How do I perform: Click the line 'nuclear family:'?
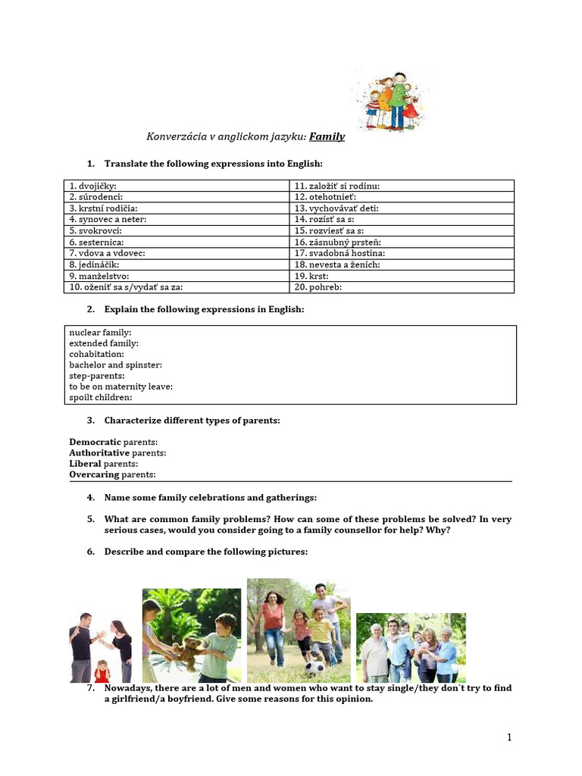[100, 333]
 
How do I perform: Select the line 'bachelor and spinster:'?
[115, 365]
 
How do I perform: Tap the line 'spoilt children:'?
[101, 397]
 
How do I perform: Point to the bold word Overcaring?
[95, 474]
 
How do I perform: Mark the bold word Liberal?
[86, 464]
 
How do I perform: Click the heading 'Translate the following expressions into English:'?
[214, 164]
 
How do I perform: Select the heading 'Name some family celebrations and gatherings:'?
[211, 498]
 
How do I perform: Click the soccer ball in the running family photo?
[314, 667]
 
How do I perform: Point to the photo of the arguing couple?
[101, 648]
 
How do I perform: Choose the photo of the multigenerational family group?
[411, 648]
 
